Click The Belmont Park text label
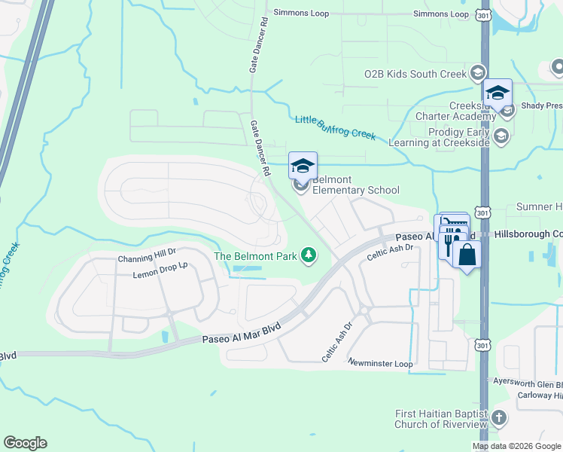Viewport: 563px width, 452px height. [x=255, y=256]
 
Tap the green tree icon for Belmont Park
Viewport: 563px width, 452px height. [x=308, y=256]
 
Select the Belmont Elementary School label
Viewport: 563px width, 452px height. [x=355, y=185]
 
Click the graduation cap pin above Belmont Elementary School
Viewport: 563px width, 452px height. [x=303, y=166]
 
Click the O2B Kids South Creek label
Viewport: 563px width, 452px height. [x=415, y=73]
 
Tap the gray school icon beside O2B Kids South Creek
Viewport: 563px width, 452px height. [x=476, y=73]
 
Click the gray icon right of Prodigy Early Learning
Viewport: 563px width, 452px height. [x=502, y=136]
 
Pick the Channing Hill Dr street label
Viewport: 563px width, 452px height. [x=146, y=258]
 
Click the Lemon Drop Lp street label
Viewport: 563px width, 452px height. [x=160, y=271]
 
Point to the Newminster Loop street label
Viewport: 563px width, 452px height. [x=380, y=363]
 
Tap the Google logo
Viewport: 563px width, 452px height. [x=25, y=443]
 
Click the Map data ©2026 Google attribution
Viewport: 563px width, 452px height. [x=516, y=446]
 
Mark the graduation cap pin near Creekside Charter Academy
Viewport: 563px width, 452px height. [x=497, y=93]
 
